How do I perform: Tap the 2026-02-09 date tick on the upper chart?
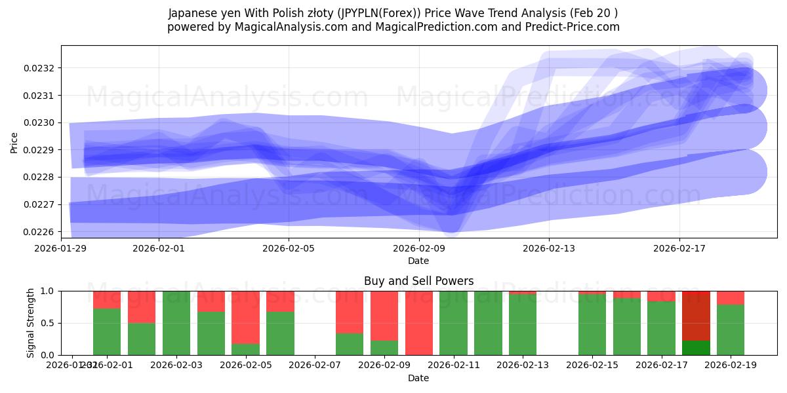tap(418, 248)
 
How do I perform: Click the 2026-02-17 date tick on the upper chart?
tap(679, 248)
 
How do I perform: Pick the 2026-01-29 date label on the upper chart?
tap(61, 248)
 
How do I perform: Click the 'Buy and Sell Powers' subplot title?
tap(418, 281)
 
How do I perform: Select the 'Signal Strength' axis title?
tap(30, 323)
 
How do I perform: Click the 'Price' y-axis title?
tap(14, 142)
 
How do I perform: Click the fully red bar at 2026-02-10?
tap(418, 323)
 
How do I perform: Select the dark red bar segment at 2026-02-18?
tap(696, 314)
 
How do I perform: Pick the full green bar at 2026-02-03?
tap(176, 323)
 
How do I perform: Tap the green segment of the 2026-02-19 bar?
tap(730, 330)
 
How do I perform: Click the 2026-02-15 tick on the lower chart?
tap(592, 365)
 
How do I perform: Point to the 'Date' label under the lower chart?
tap(418, 378)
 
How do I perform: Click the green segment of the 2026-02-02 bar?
tap(142, 339)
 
